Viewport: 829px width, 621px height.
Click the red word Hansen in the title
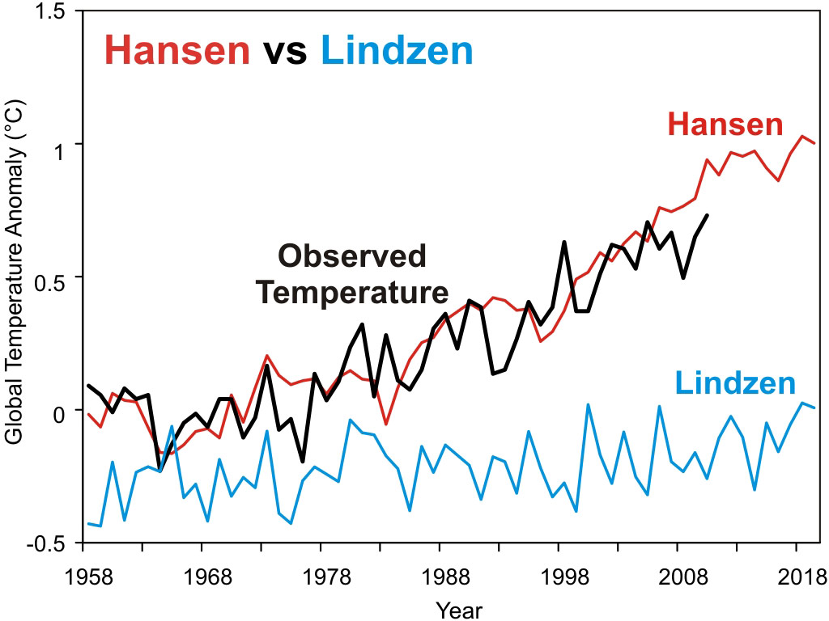(x=177, y=51)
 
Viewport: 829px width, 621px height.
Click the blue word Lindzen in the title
(x=397, y=51)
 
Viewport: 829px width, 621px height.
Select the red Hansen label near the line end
(x=725, y=125)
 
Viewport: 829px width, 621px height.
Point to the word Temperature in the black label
(x=352, y=292)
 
